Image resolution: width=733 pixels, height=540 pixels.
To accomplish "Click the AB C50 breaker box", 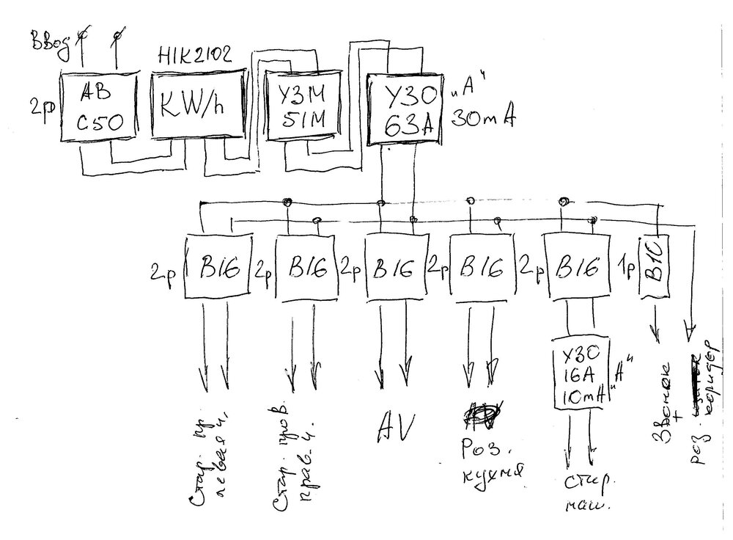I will point(98,106).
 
